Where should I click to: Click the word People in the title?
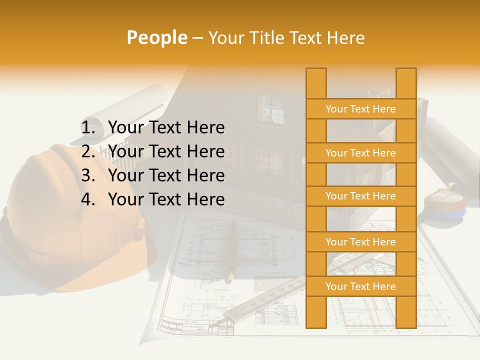[x=156, y=37]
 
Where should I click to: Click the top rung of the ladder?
[x=360, y=109]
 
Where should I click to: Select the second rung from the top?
[x=360, y=153]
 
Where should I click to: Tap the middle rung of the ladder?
[x=360, y=196]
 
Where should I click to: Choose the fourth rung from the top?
[x=360, y=242]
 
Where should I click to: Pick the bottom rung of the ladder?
[x=360, y=286]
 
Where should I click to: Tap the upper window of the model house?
[x=270, y=109]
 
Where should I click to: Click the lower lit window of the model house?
[x=268, y=161]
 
